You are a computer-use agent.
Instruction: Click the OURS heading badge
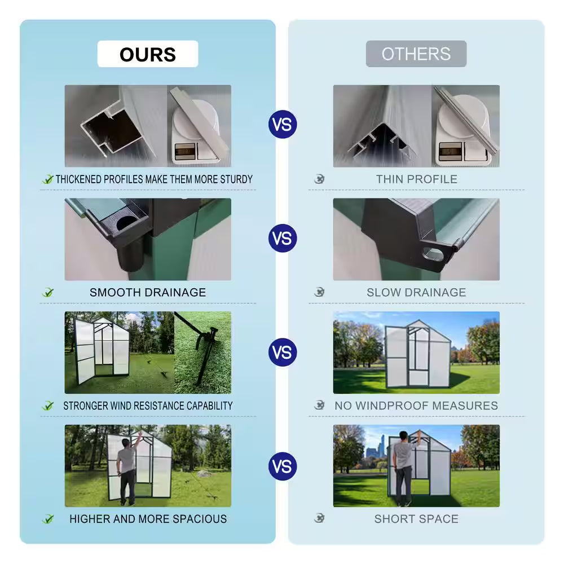(147, 54)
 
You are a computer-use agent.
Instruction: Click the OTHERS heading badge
(416, 54)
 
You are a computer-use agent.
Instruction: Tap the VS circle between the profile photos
(283, 124)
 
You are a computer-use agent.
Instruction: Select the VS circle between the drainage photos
(283, 238)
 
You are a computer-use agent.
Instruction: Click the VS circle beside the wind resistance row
(283, 352)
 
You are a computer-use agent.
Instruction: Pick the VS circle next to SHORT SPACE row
(283, 466)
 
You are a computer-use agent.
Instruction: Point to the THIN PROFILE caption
(417, 179)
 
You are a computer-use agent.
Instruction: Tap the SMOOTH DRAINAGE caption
(148, 292)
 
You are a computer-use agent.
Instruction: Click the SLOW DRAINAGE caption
(417, 292)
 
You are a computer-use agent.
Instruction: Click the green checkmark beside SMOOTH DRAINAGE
(48, 292)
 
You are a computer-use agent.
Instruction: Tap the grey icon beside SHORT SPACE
(319, 518)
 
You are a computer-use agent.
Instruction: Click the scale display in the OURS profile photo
(182, 151)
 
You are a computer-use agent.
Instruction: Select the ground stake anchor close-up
(203, 352)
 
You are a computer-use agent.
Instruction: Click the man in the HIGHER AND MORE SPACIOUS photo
(127, 468)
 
